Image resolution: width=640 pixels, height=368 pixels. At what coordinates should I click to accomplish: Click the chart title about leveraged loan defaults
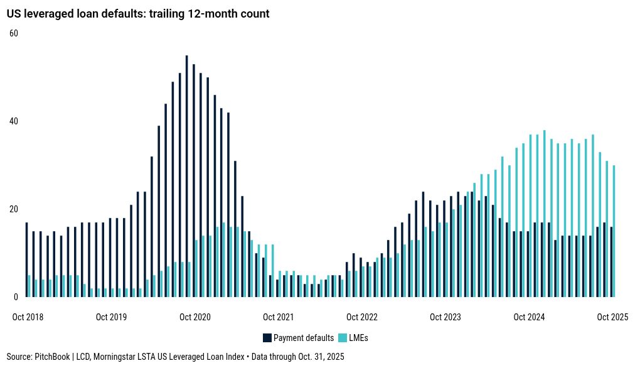click(138, 14)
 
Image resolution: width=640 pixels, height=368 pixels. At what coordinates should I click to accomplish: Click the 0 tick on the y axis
click(16, 296)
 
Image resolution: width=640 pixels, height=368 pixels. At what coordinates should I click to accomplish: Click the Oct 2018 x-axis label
click(28, 317)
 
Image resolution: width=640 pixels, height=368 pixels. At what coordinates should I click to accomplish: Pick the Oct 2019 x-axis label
click(111, 317)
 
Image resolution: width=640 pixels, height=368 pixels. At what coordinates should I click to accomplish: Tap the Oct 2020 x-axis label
click(195, 317)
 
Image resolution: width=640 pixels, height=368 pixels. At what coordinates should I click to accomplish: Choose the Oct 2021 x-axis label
click(278, 317)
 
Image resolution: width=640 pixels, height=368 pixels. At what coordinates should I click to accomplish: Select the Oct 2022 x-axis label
click(361, 317)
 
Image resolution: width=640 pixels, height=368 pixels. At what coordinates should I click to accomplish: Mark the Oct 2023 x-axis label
click(445, 317)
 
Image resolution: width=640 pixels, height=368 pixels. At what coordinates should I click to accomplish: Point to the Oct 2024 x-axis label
click(529, 317)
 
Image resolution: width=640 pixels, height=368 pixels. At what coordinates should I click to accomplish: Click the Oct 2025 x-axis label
click(612, 317)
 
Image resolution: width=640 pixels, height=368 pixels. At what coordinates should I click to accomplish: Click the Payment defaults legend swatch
click(267, 338)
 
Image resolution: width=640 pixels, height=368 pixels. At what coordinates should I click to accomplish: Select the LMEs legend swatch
click(342, 338)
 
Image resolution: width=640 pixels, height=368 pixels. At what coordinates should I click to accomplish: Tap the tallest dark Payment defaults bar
click(186, 176)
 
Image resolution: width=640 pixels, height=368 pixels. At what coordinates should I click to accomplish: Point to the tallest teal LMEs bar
click(544, 214)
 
